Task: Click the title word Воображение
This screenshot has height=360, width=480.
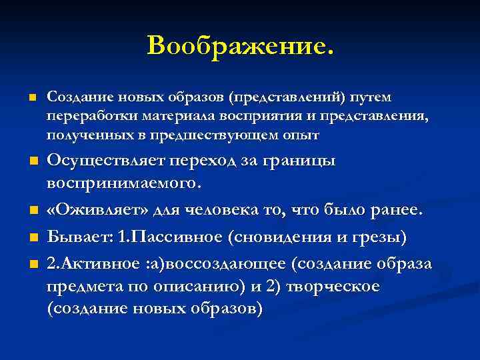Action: (x=239, y=46)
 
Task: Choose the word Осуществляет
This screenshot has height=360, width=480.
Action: (x=107, y=161)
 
